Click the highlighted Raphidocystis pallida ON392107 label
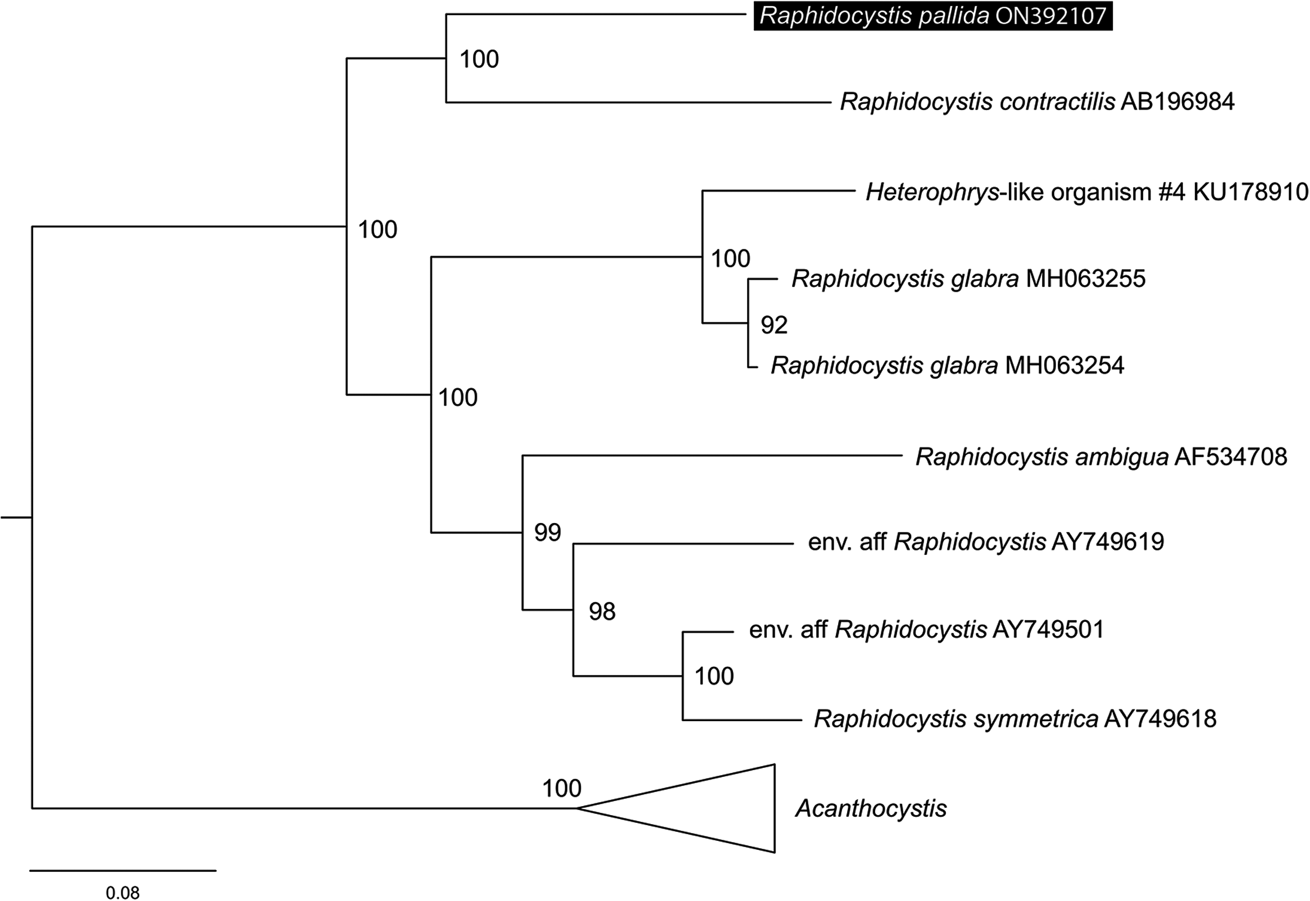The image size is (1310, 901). (933, 16)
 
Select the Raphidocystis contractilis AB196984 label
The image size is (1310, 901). (1038, 102)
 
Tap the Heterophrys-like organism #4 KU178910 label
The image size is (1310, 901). (1087, 193)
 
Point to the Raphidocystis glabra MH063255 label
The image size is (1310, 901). (968, 279)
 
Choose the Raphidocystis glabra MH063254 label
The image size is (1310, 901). (948, 365)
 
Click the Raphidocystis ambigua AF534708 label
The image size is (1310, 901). (1101, 457)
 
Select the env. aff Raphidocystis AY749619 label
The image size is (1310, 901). (986, 542)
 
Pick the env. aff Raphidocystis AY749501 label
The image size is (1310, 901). (927, 629)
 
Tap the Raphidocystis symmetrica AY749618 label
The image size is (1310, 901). (1015, 718)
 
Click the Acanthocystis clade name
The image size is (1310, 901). (871, 808)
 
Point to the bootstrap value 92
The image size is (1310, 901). (774, 325)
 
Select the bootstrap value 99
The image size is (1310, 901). (548, 533)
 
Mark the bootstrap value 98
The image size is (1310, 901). (602, 611)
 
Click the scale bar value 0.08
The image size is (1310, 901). (122, 892)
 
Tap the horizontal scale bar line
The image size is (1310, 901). (123, 871)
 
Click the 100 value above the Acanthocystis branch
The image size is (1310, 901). (562, 788)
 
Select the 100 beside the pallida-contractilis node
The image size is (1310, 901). (479, 60)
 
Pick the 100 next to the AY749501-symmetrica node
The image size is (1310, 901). (714, 676)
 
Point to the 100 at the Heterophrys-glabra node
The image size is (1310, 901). (730, 258)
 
